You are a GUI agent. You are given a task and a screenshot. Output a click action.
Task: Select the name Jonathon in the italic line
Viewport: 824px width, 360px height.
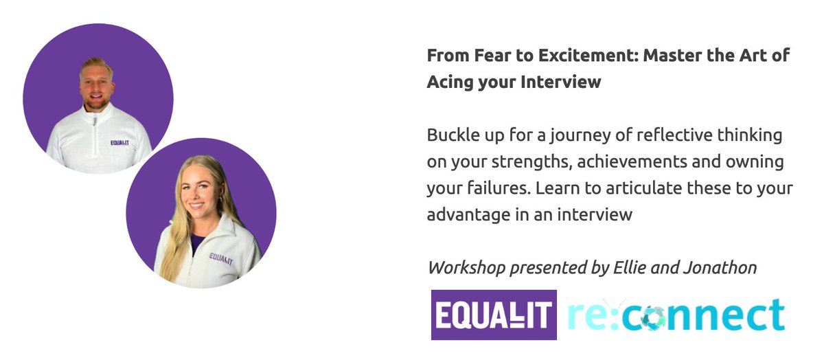pyautogui.click(x=723, y=267)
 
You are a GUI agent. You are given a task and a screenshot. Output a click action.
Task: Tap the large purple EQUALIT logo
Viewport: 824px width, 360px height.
pyautogui.click(x=494, y=315)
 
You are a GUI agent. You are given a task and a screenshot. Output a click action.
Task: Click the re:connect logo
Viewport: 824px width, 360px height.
pyautogui.click(x=676, y=315)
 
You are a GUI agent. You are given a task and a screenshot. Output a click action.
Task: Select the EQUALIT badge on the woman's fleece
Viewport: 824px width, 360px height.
pyautogui.click(x=221, y=258)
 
